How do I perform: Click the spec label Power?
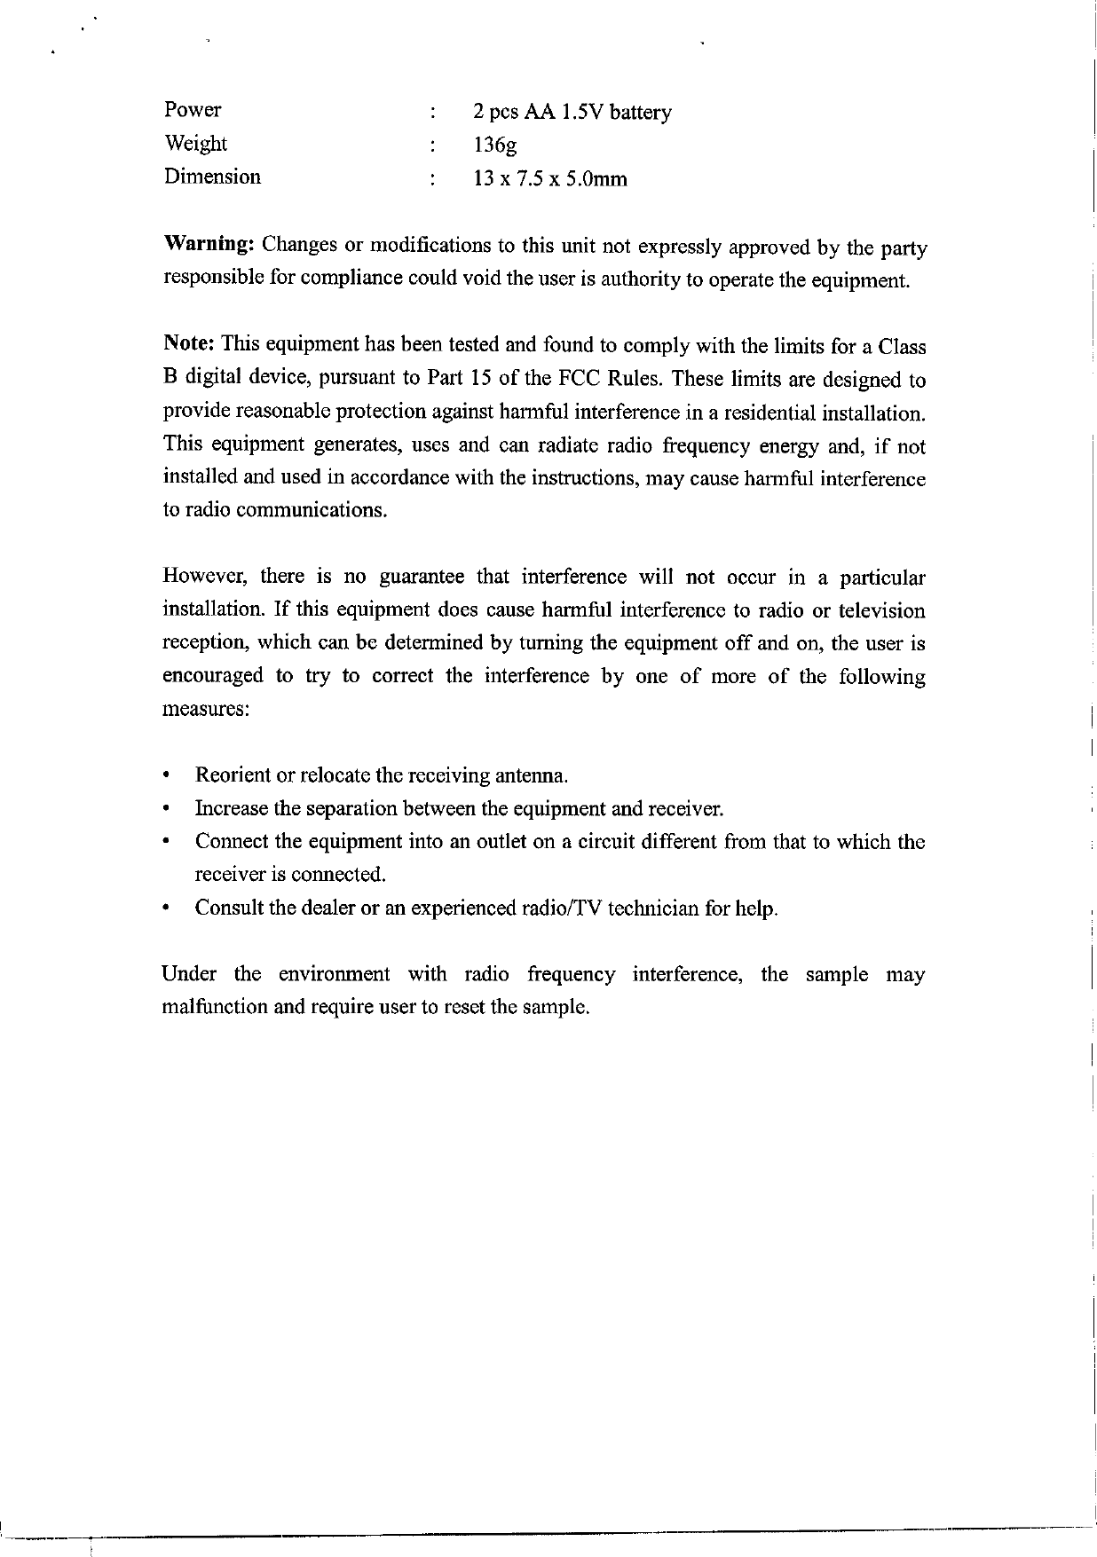click(x=193, y=110)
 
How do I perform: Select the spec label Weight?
click(x=195, y=144)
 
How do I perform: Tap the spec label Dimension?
click(x=212, y=177)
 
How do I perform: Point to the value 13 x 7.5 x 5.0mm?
click(x=550, y=179)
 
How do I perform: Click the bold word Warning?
click(x=210, y=244)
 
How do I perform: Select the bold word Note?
click(x=190, y=343)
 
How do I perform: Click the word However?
click(x=201, y=578)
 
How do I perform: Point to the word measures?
click(x=205, y=710)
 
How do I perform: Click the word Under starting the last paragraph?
click(x=189, y=975)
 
